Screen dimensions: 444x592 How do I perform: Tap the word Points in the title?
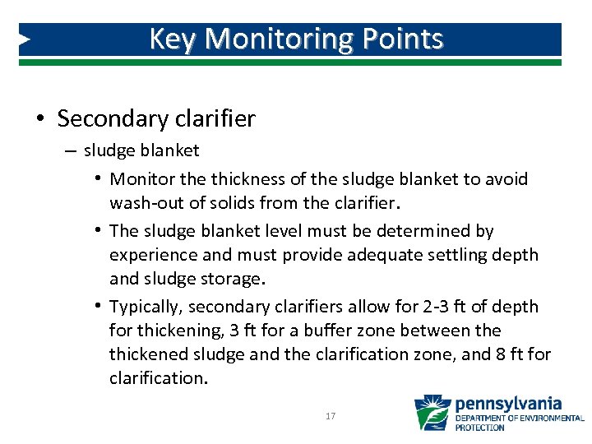click(x=407, y=39)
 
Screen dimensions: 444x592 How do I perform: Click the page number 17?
click(x=331, y=417)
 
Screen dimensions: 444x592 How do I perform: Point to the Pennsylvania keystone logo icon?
click(x=432, y=413)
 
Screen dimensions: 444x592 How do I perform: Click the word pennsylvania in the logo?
click(x=508, y=404)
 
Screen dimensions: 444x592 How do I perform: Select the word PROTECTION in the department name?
click(x=480, y=428)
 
